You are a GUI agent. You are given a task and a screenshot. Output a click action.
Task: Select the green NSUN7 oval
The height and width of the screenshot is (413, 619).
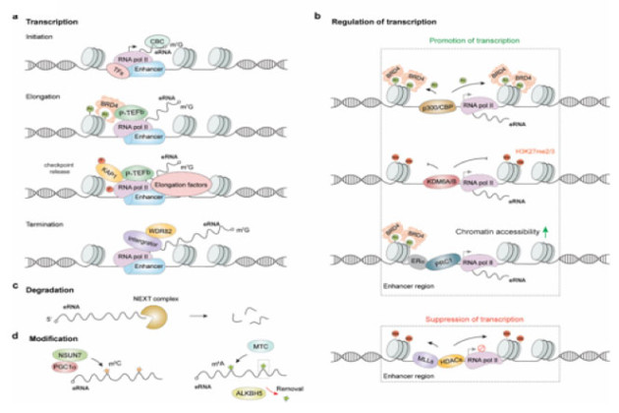pyautogui.click(x=71, y=354)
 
